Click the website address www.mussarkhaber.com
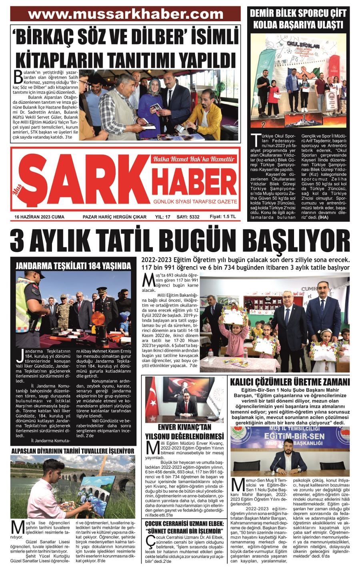(126, 14)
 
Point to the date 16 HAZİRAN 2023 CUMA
(39, 217)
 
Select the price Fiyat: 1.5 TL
(223, 217)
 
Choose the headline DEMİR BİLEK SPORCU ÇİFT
(298, 14)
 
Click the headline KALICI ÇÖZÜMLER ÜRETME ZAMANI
(290, 381)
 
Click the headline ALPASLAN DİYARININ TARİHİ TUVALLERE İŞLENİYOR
(73, 451)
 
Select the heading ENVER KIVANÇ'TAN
(184, 427)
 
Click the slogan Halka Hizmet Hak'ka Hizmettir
(193, 159)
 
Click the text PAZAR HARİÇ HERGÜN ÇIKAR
(114, 217)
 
